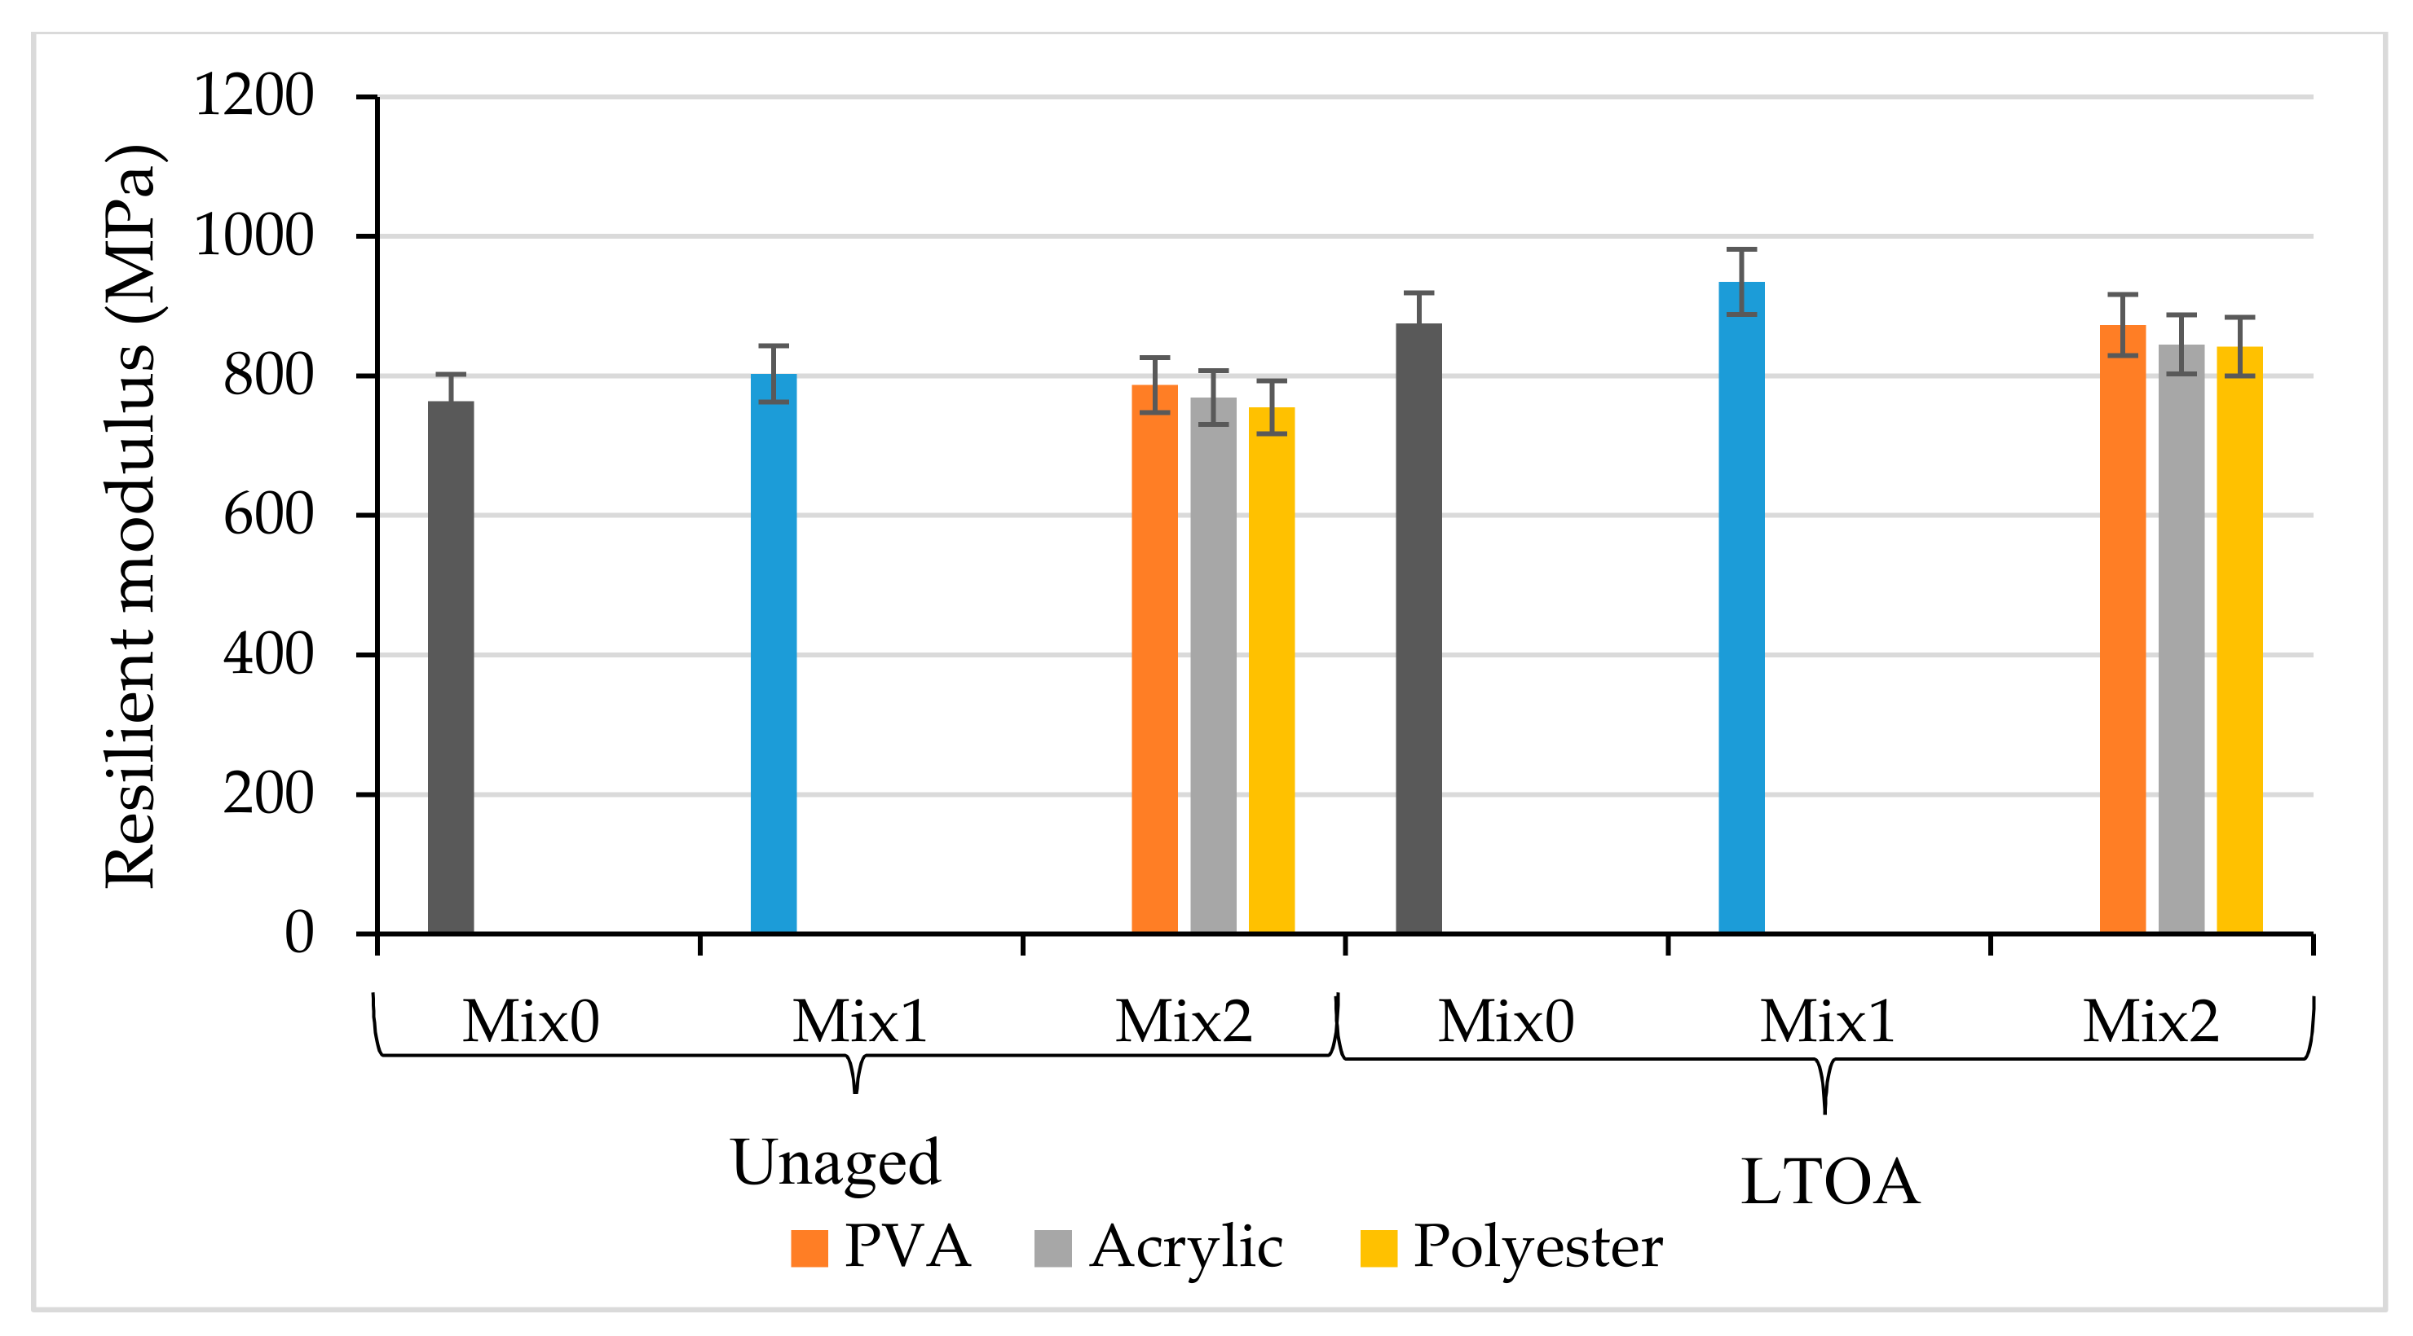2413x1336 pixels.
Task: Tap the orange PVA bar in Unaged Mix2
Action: tap(1154, 659)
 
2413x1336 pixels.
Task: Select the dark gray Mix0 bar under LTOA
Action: tap(1418, 628)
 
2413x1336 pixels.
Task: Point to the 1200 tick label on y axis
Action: tap(253, 95)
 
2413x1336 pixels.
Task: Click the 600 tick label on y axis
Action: tap(268, 515)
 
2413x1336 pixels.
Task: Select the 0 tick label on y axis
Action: tap(299, 933)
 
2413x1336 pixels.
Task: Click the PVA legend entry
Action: tap(880, 1247)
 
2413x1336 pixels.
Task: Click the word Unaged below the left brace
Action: tap(836, 1162)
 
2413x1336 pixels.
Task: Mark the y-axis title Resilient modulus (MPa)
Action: tap(131, 515)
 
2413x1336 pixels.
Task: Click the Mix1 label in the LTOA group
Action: tap(1827, 1022)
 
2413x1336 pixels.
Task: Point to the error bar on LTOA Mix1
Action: tap(1741, 281)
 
